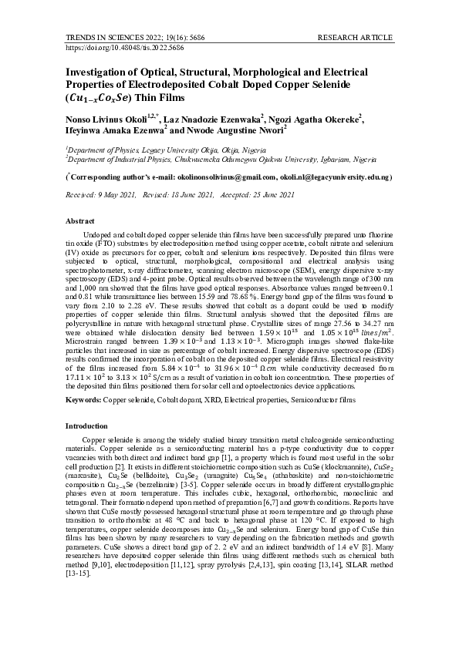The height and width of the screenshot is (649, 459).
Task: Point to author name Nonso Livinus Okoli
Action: (x=105, y=120)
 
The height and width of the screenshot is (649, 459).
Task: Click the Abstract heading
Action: (x=79, y=221)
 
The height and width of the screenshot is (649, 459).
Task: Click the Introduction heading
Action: (x=87, y=425)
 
